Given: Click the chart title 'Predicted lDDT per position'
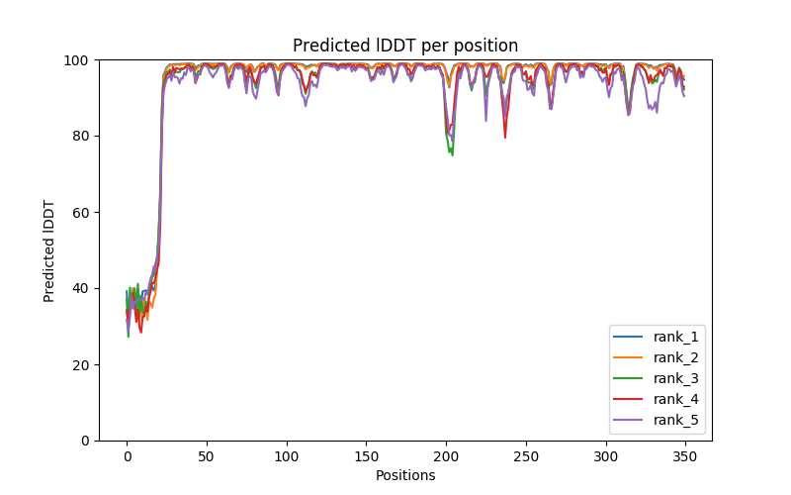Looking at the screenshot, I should coord(405,46).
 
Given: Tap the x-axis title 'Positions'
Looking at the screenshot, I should coord(405,475).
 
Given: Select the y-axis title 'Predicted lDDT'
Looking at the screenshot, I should coord(49,250).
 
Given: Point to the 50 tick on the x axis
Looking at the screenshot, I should coord(207,454).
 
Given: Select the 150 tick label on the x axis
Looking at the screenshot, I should coord(366,454).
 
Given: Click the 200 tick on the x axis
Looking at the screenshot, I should coord(446,454).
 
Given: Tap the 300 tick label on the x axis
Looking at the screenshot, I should coord(605,454).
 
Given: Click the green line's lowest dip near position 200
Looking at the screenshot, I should coord(452,154).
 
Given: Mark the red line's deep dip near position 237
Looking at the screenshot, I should coord(505,137).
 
